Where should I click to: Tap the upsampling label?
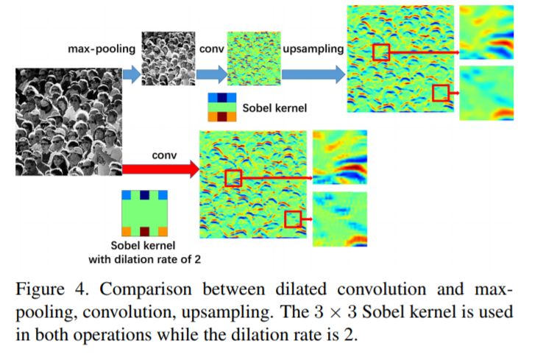coord(314,49)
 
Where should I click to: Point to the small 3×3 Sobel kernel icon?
coord(222,107)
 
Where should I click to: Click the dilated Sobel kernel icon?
coord(144,213)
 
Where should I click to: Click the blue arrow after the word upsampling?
coord(313,73)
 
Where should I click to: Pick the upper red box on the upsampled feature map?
coord(380,52)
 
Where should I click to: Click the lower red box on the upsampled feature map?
coord(441,93)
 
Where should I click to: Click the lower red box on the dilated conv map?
coord(294,219)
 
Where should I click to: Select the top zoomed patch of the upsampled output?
coord(487,33)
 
